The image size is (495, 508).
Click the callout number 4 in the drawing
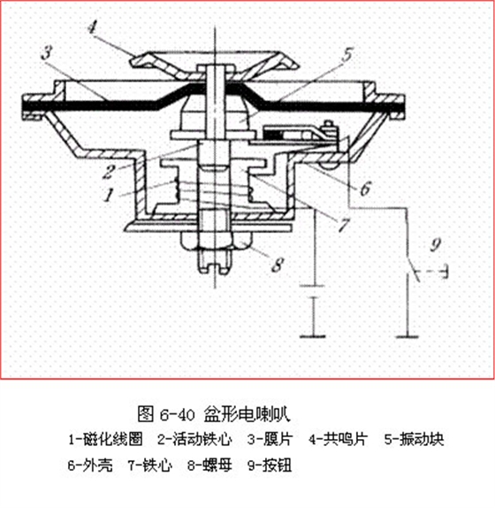(x=93, y=27)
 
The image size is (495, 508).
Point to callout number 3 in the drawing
(x=47, y=52)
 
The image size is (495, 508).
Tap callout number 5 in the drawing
(x=347, y=55)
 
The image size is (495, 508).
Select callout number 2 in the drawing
(x=109, y=172)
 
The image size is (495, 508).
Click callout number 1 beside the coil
(x=109, y=195)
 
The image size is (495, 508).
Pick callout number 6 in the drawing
(x=366, y=189)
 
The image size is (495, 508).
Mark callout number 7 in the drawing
(x=344, y=225)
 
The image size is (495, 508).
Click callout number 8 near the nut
(x=278, y=265)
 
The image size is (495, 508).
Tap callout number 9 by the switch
(x=436, y=244)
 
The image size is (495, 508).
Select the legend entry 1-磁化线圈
(x=105, y=439)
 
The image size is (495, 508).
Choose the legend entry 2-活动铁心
(x=194, y=439)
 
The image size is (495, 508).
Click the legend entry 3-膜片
(x=270, y=439)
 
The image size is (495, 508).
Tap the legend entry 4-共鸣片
(x=338, y=439)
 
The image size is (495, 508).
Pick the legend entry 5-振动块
(x=414, y=439)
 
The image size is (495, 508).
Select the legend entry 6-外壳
(x=90, y=466)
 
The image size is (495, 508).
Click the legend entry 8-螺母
(x=209, y=466)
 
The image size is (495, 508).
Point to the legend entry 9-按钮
(x=270, y=466)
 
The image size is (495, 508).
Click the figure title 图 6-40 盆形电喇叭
(x=214, y=413)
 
